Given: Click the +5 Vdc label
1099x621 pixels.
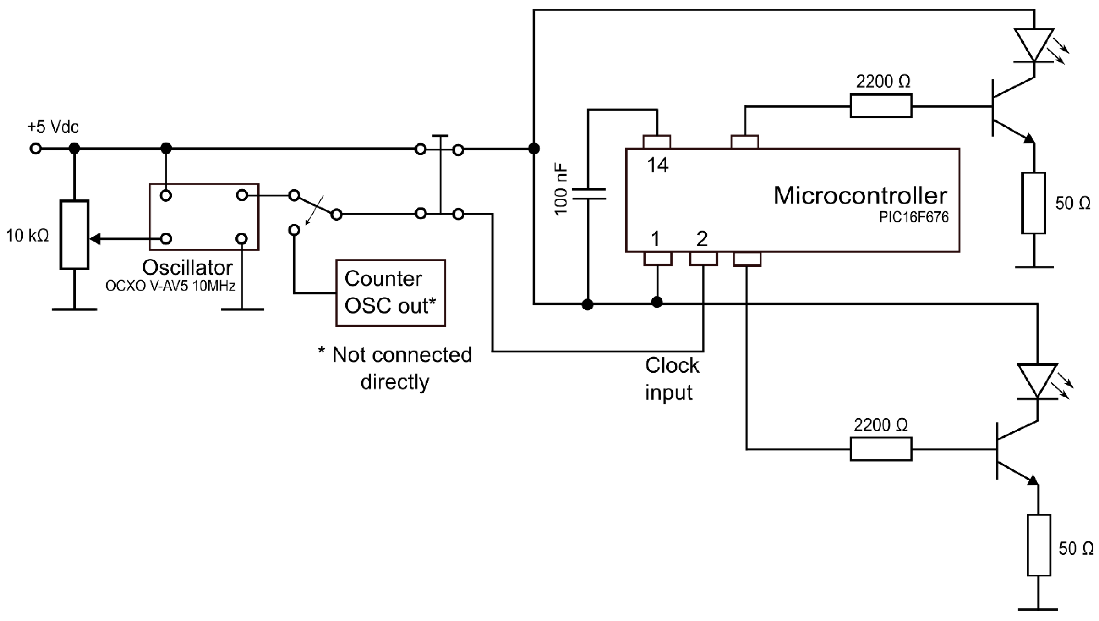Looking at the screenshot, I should pyautogui.click(x=53, y=127).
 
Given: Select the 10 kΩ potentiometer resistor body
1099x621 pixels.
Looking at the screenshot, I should pyautogui.click(x=74, y=235).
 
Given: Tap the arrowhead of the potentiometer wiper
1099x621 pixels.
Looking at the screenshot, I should pyautogui.click(x=96, y=239).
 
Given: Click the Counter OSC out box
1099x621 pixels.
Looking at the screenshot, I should pyautogui.click(x=390, y=293).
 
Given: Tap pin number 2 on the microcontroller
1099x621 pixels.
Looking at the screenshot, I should pyautogui.click(x=702, y=239).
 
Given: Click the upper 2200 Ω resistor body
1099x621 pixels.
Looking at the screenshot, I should pyautogui.click(x=881, y=106).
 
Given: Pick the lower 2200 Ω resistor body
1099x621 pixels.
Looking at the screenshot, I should pyautogui.click(x=881, y=449).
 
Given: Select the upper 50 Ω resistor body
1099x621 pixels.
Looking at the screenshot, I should pyautogui.click(x=1034, y=203).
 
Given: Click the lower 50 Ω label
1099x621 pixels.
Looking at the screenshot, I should pyautogui.click(x=1075, y=548).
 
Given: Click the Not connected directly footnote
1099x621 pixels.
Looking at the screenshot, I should pyautogui.click(x=395, y=368).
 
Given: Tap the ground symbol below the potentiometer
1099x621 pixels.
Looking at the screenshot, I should pyautogui.click(x=74, y=309).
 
